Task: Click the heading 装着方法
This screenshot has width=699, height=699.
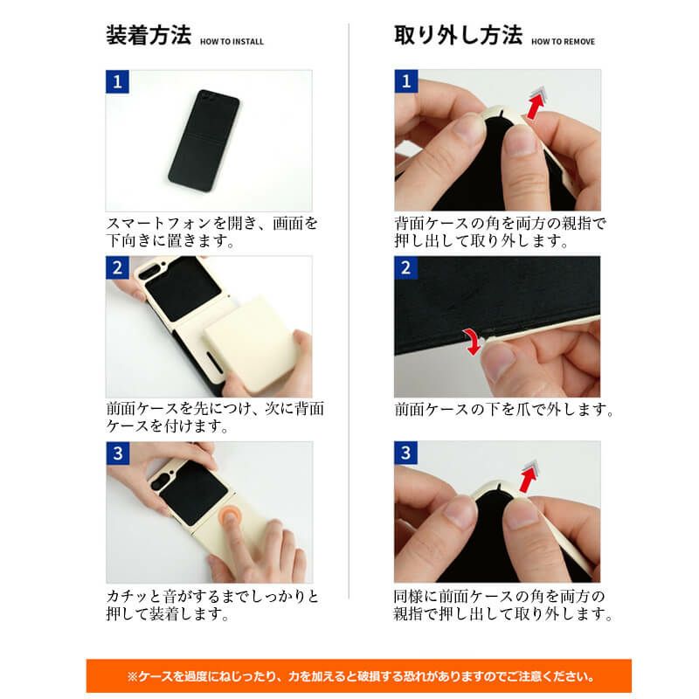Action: (x=148, y=36)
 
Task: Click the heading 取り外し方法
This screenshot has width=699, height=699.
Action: (x=458, y=36)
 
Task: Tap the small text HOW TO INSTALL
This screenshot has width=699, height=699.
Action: (x=232, y=41)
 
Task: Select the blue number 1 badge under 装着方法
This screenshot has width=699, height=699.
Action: (x=117, y=82)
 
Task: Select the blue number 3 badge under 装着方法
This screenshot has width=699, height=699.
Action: (x=117, y=453)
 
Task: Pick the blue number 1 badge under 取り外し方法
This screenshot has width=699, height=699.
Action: (x=405, y=82)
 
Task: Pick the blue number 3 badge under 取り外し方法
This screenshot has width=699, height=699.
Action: (x=405, y=453)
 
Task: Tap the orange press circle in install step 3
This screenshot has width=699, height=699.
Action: (x=231, y=517)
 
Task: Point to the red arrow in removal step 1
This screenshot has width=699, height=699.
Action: (x=534, y=105)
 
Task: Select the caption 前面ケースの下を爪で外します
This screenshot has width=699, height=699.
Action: (x=503, y=409)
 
